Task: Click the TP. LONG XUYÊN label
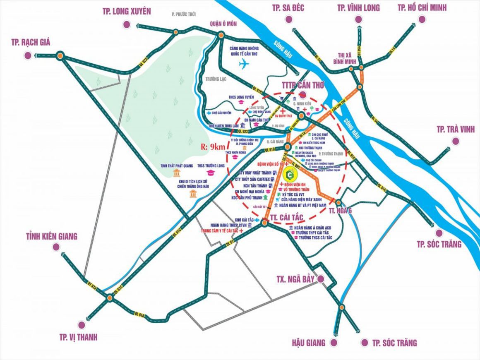pyautogui.click(x=127, y=11)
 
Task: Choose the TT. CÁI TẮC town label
pyautogui.click(x=287, y=217)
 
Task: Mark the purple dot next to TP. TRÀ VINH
pyautogui.click(x=456, y=141)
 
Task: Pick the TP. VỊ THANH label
pyautogui.click(x=77, y=337)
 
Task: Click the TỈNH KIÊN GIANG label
pyautogui.click(x=51, y=236)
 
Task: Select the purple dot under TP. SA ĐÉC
pyautogui.click(x=288, y=19)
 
